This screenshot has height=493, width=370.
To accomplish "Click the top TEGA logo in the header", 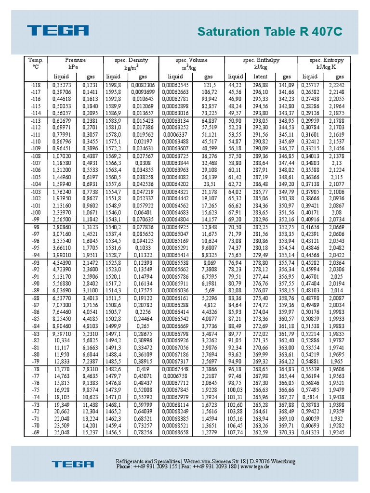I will click(58, 31).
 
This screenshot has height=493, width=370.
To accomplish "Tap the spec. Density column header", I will click(131, 60).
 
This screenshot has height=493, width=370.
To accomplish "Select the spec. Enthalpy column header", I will click(261, 60).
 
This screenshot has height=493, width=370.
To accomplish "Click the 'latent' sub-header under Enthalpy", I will click(260, 77).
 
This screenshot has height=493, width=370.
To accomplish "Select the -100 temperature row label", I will click(36, 212).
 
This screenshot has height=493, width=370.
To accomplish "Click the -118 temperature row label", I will click(36, 85).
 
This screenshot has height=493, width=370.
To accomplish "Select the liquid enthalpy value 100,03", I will click(235, 389).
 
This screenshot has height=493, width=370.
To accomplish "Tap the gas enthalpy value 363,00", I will click(286, 347).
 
